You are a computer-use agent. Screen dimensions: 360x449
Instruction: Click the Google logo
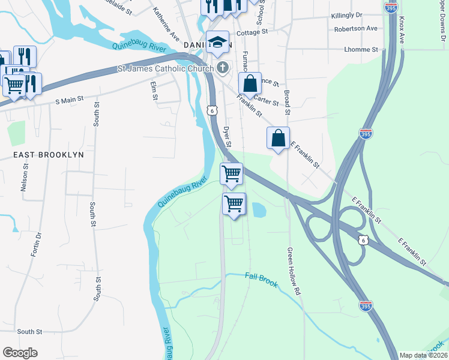click(x=20, y=353)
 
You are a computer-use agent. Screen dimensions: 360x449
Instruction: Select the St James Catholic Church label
click(x=164, y=69)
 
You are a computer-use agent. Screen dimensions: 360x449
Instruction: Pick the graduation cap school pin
click(x=217, y=43)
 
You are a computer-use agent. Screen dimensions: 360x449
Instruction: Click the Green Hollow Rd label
click(x=293, y=271)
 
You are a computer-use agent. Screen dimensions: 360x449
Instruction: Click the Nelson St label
click(x=25, y=180)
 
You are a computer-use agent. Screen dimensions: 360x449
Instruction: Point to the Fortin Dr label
click(x=35, y=244)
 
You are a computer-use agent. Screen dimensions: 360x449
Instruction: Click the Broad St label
click(x=287, y=103)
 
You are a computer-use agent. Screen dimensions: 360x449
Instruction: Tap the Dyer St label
click(x=228, y=136)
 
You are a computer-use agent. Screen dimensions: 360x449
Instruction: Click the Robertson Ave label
click(x=357, y=28)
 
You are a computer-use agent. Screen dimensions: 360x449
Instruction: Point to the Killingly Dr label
click(x=347, y=14)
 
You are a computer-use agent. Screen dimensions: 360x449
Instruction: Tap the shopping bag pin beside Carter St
click(x=250, y=85)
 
